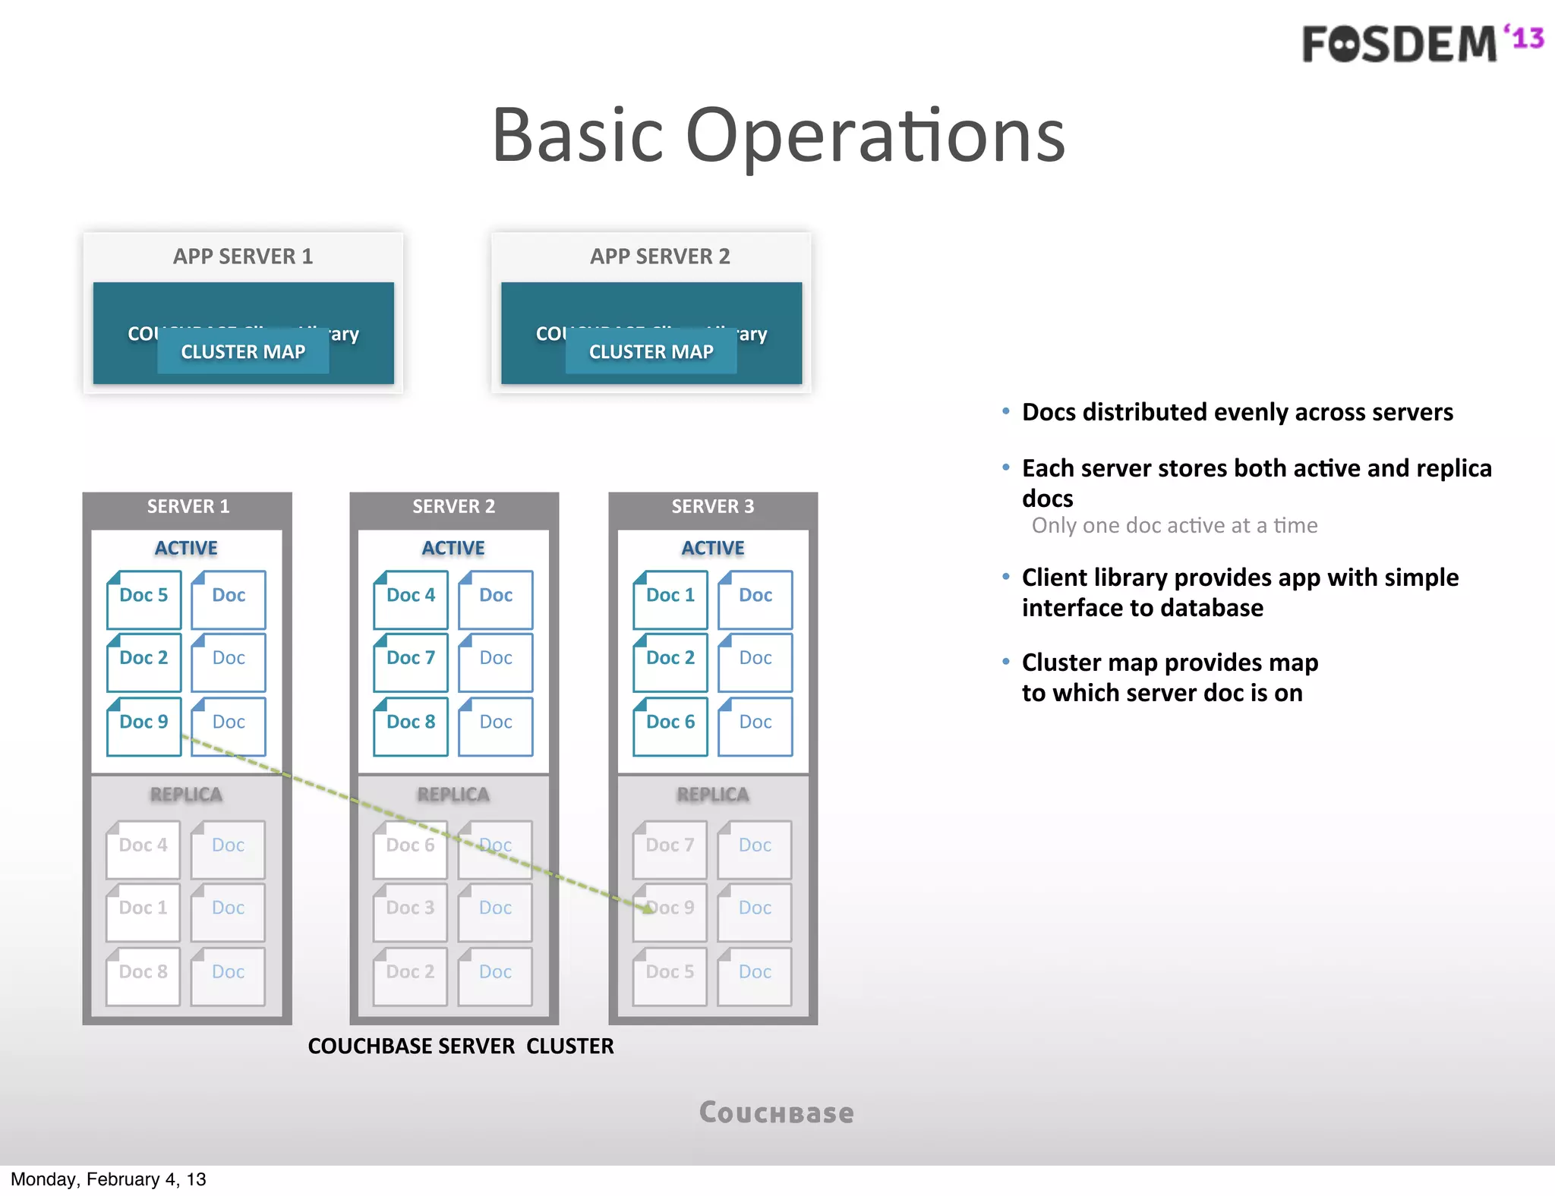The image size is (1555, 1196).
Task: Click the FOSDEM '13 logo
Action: (x=1422, y=43)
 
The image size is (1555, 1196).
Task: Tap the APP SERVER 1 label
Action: (x=243, y=257)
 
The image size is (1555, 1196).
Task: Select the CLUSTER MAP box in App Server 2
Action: (x=651, y=352)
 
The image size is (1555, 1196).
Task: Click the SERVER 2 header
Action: (x=453, y=507)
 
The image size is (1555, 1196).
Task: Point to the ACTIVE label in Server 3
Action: (x=712, y=548)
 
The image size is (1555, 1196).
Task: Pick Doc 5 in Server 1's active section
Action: (x=144, y=596)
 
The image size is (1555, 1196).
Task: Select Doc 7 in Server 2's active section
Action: (x=411, y=659)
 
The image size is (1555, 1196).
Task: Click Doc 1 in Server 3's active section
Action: (x=670, y=596)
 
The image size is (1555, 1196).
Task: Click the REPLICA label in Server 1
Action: (x=186, y=795)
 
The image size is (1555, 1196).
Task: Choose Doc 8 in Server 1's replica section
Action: (x=143, y=973)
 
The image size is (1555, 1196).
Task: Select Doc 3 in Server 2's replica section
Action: (x=410, y=909)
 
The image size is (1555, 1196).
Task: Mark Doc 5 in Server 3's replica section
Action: (x=670, y=973)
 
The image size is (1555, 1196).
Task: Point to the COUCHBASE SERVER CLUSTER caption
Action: (x=461, y=1046)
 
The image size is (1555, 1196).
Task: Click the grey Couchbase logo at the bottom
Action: (x=776, y=1113)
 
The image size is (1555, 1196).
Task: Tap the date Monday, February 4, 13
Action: (x=109, y=1179)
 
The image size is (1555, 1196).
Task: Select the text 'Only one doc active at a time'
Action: (x=1174, y=526)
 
